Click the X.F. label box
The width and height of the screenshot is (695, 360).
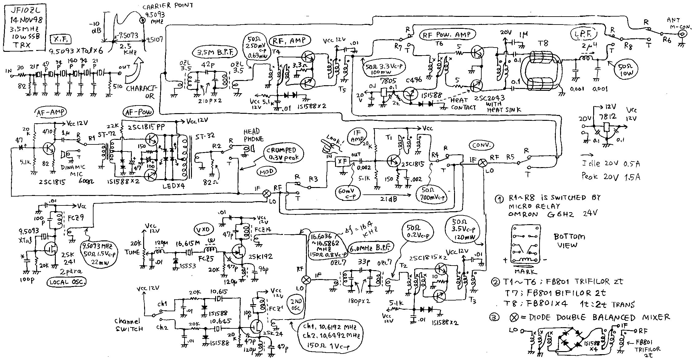coord(60,39)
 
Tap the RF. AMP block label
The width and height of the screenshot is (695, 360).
coord(290,40)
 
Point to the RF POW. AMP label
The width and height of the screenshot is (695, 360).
coord(447,35)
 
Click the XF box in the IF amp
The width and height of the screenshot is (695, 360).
coord(342,161)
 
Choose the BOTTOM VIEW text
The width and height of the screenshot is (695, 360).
coord(569,241)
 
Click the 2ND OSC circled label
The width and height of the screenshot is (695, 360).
coord(296,303)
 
